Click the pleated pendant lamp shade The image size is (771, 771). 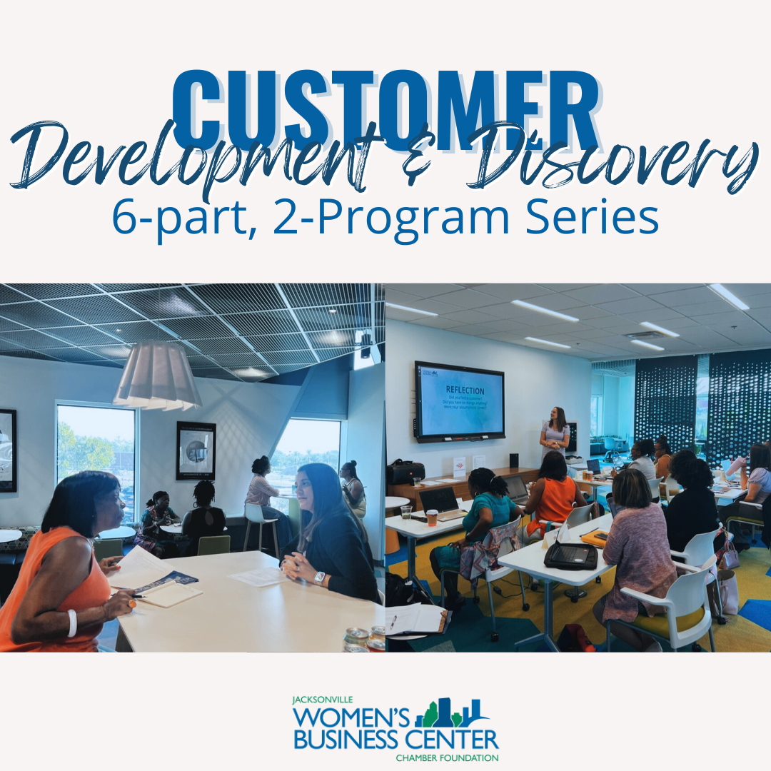156,376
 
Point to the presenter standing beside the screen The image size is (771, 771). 555,435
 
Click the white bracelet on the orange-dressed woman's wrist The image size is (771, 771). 72,623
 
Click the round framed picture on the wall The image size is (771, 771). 196,450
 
